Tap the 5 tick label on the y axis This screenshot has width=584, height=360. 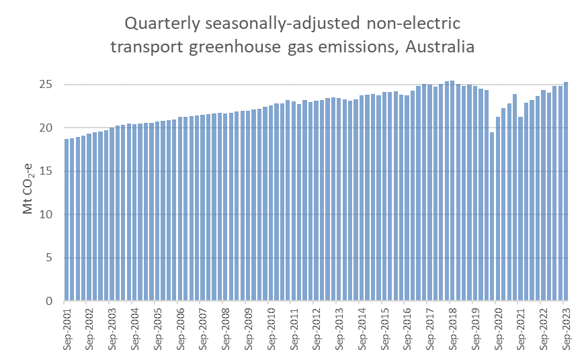click(50, 258)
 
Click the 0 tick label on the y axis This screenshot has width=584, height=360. click(50, 301)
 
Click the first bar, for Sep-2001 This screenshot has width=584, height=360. click(67, 222)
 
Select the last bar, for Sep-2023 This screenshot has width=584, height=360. click(567, 195)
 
